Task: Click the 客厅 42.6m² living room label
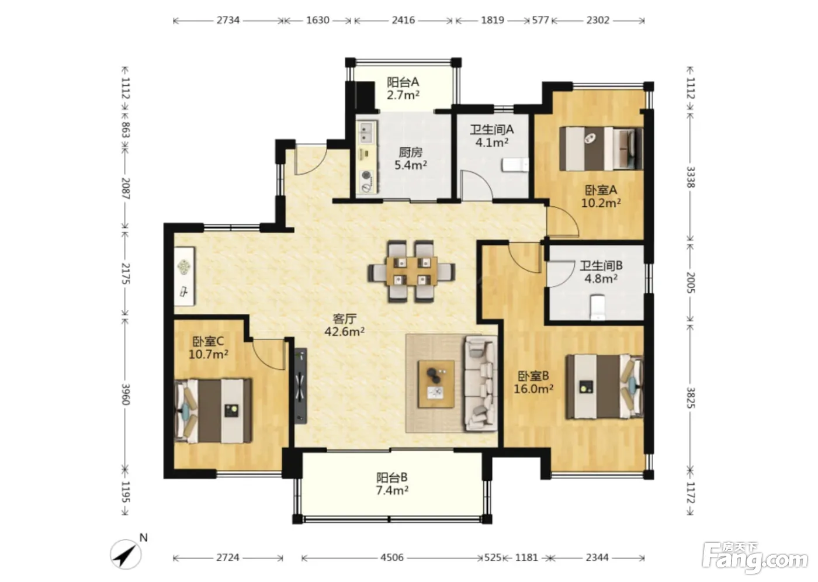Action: pos(344,325)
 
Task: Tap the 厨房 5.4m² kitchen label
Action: pos(410,158)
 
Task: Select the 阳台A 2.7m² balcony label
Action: pos(403,88)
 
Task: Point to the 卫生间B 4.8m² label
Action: pos(601,272)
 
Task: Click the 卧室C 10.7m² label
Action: pos(208,348)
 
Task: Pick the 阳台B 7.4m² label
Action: pos(392,484)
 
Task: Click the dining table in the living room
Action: pos(411,272)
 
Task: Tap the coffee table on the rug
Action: pos(436,384)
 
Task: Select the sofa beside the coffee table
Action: pos(480,383)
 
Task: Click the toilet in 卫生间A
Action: pos(515,165)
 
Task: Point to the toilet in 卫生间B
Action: pos(597,307)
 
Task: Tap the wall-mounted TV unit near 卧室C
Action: pos(301,386)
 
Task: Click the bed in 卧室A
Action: pos(601,148)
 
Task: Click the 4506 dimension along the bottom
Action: pos(392,557)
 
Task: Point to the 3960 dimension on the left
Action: pos(126,394)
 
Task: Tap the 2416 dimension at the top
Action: pos(403,20)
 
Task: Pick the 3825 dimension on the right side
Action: pos(690,397)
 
